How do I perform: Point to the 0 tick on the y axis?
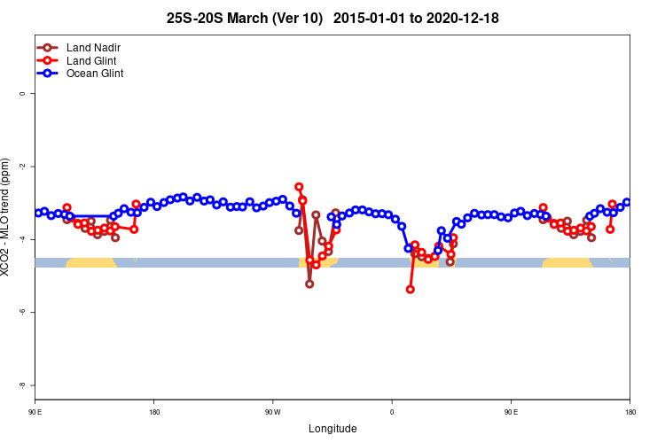[22, 93]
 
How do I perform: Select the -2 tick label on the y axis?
[22, 167]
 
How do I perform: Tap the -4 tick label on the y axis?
[22, 239]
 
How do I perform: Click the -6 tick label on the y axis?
[22, 312]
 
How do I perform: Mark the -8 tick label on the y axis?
[22, 385]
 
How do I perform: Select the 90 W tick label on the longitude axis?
[272, 412]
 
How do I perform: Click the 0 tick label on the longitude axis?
[392, 412]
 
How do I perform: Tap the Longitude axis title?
[332, 429]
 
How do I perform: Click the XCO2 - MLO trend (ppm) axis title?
[7, 217]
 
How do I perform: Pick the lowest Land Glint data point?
[410, 290]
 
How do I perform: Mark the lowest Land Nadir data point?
[309, 284]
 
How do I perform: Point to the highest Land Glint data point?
[299, 187]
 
